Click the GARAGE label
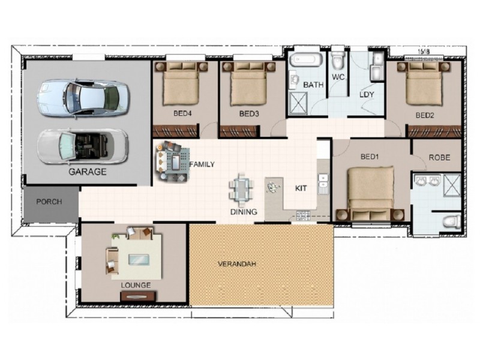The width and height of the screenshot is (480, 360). (88, 172)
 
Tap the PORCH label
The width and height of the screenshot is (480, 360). (49, 202)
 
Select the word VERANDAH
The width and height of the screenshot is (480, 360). (237, 263)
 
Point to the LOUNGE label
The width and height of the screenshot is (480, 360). (136, 286)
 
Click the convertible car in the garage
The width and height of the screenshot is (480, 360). (83, 147)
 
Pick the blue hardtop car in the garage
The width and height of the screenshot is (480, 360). (83, 99)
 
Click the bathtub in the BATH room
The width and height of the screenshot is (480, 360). (306, 59)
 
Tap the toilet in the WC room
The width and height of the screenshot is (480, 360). (338, 61)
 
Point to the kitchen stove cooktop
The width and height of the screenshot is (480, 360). (303, 216)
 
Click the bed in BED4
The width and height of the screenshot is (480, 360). (181, 83)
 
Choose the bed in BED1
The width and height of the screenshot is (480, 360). (370, 193)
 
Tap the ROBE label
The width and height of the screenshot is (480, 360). (439, 158)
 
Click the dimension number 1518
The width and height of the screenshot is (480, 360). (424, 52)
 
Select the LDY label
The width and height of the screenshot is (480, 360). (367, 95)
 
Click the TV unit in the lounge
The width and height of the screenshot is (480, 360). (139, 296)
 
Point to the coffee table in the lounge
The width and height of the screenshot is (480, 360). (139, 259)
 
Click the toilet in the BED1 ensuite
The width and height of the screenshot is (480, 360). (452, 222)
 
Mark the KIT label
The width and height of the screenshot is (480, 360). (301, 188)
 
